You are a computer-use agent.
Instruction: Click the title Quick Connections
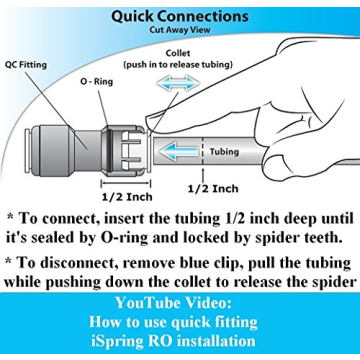(x=180, y=16)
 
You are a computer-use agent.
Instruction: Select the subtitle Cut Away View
(x=180, y=30)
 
